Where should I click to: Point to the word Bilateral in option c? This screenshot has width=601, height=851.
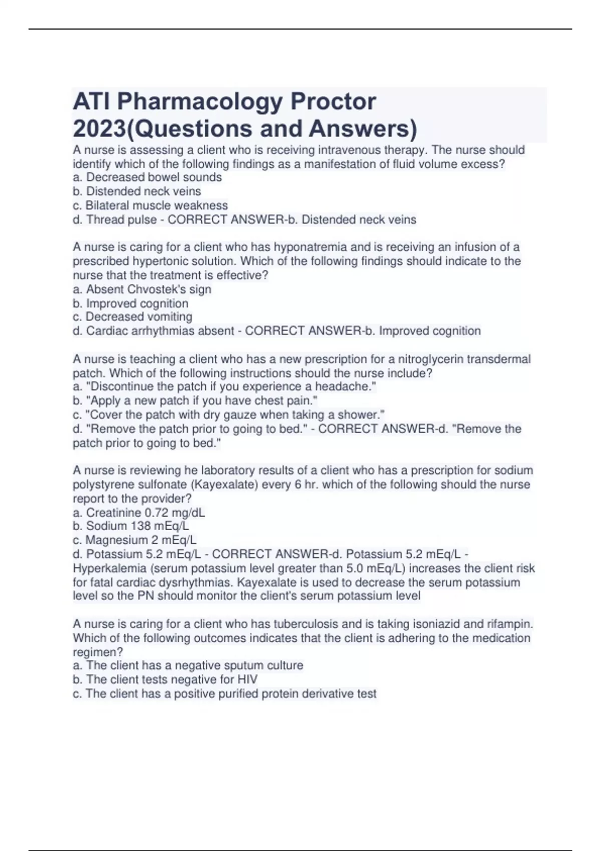108,206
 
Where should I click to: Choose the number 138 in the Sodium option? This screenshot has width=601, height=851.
141,526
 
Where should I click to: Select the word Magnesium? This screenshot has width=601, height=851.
116,540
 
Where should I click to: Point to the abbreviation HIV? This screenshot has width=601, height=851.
247,680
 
